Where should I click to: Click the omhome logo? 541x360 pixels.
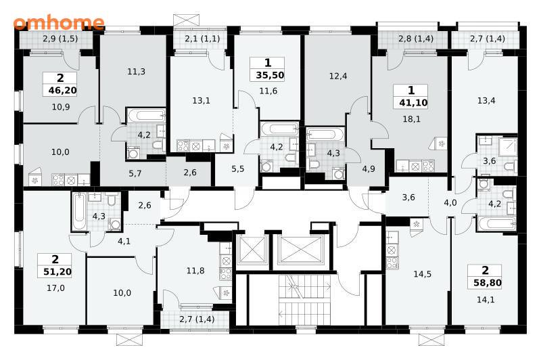59,22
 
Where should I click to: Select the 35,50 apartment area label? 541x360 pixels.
270,75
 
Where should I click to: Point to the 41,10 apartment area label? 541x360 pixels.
413,102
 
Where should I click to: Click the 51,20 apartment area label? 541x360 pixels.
57,271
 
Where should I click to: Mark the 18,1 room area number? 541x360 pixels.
412,119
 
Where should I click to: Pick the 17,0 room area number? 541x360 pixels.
55,288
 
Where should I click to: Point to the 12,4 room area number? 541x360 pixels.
338,76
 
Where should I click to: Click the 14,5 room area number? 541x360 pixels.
422,274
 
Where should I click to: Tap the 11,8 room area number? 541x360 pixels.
195,271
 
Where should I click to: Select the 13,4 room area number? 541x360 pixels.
486,100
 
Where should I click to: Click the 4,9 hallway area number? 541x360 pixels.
369,168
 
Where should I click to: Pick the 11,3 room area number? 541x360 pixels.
137,72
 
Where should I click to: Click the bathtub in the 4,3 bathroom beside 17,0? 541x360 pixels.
79,211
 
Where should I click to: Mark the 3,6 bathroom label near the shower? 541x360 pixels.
489,161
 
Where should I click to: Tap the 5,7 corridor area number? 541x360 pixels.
135,173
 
